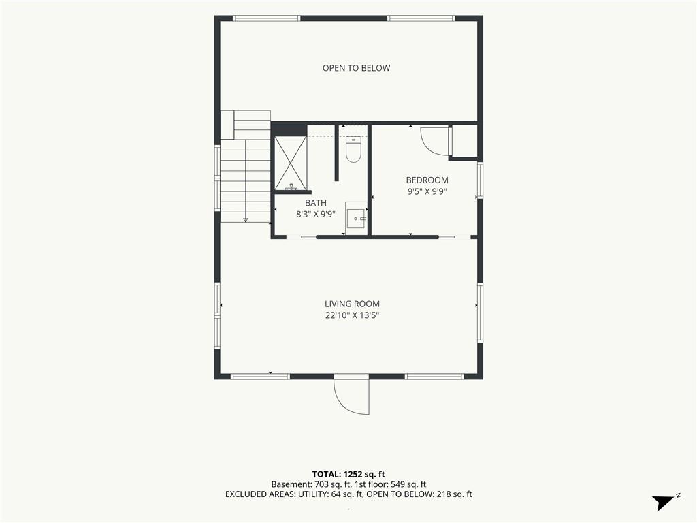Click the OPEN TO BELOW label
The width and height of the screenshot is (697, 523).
[x=356, y=68]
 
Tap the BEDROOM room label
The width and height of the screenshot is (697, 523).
[x=427, y=180]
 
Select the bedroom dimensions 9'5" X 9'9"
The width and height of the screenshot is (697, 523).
[x=427, y=191]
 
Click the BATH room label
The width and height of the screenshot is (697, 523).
[x=316, y=203]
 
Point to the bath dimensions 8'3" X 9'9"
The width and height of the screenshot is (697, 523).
[x=316, y=214]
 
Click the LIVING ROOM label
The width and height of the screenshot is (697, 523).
[x=352, y=304]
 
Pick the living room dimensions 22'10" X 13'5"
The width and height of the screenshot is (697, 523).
[x=352, y=316]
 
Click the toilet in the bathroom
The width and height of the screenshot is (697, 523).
[x=353, y=149]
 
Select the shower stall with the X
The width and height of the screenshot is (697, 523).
[x=290, y=163]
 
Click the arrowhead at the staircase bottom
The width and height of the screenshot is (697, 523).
[x=245, y=219]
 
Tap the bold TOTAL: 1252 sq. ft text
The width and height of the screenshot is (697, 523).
[x=348, y=474]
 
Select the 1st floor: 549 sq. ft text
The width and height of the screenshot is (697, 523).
[x=390, y=484]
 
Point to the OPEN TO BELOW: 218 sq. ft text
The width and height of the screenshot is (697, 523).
[x=417, y=494]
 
